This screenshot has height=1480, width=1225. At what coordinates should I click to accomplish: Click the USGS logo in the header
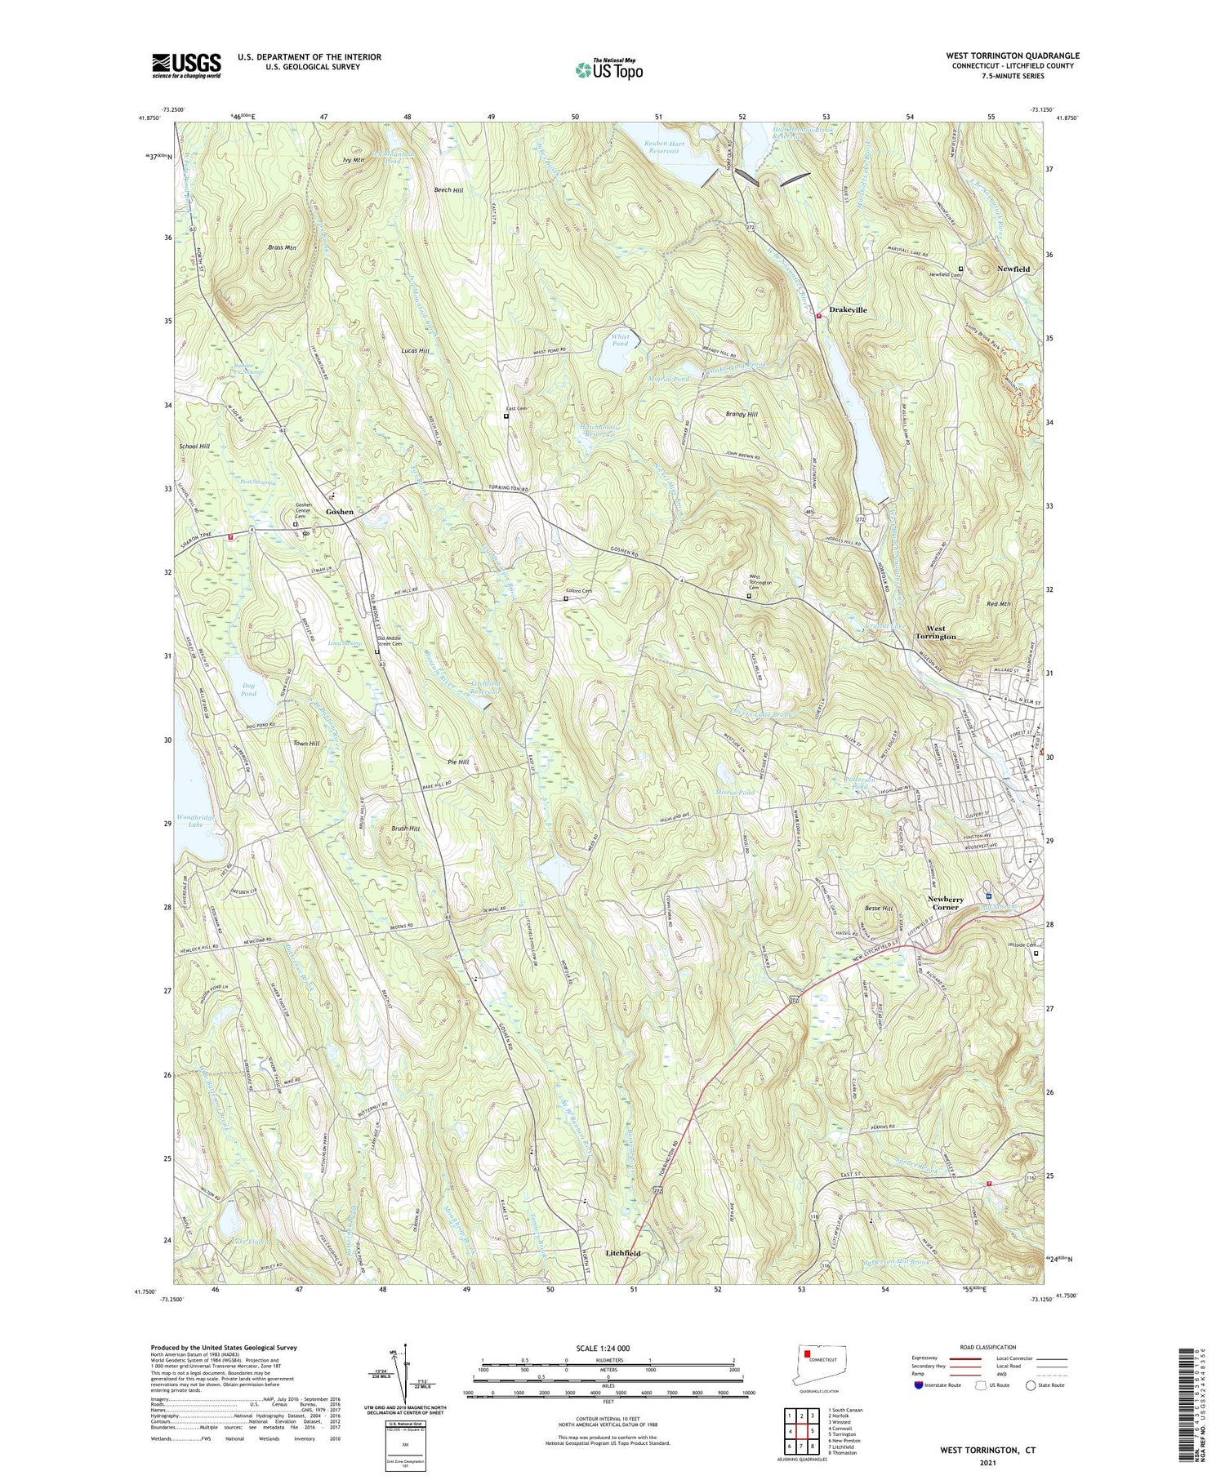[186, 65]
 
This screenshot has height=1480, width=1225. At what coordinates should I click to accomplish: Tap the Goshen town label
[340, 512]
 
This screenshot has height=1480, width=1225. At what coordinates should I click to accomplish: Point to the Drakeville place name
[848, 310]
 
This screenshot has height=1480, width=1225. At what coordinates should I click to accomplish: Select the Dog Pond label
[248, 690]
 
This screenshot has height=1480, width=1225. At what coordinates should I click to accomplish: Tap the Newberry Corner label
[945, 903]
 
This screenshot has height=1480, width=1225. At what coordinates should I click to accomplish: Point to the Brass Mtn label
[281, 247]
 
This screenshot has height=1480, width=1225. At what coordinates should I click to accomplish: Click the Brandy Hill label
[742, 415]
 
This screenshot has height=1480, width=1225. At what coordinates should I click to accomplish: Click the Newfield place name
[1013, 269]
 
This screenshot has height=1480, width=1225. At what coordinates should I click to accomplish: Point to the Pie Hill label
[457, 762]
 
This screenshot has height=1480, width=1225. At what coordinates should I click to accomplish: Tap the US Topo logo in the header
[608, 70]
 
